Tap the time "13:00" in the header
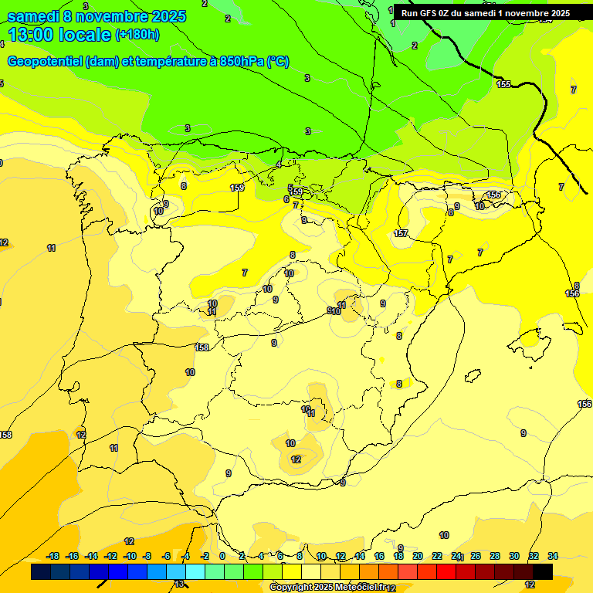point(32,35)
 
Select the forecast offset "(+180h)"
point(137,35)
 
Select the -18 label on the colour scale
point(53,556)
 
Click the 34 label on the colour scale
point(553,556)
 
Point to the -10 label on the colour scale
point(129,556)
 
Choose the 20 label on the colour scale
point(418,556)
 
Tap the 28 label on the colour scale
point(495,556)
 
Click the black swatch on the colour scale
point(543,571)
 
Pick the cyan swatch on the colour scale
point(195,571)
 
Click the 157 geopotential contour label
point(401,233)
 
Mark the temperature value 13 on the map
point(179,585)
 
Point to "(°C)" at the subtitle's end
point(279,62)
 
